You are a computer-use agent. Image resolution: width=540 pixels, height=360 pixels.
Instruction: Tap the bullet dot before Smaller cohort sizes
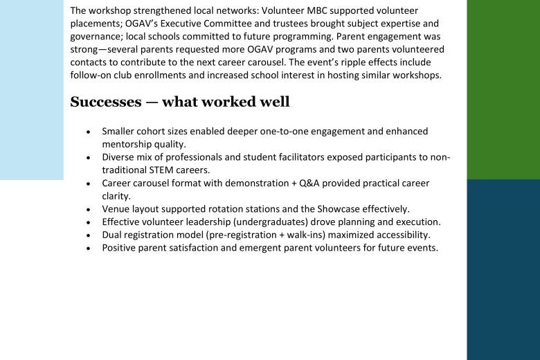pyautogui.click(x=88, y=132)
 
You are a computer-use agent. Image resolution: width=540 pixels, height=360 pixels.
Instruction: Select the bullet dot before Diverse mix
pyautogui.click(x=88, y=158)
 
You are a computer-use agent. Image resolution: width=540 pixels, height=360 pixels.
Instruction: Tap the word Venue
pyautogui.click(x=116, y=209)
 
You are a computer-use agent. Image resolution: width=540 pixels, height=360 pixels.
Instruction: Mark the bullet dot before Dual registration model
pyautogui.click(x=88, y=235)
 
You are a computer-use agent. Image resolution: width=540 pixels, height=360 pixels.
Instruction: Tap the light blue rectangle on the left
pyautogui.click(x=31, y=90)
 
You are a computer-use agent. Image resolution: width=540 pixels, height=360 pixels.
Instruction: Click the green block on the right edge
pyautogui.click(x=503, y=90)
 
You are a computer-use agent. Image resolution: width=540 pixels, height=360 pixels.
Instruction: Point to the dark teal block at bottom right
pyautogui.click(x=503, y=270)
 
